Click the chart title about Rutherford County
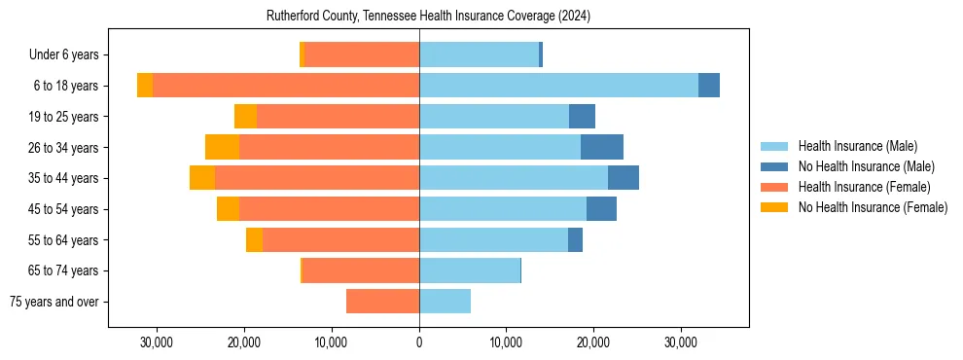[428, 17]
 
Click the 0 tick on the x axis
[419, 342]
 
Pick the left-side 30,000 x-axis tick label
[157, 342]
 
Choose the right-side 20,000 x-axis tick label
[593, 342]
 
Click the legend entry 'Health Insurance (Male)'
[857, 146]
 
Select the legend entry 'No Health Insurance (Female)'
[873, 207]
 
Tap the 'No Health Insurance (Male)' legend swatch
[774, 166]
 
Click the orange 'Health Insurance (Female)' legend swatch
[774, 187]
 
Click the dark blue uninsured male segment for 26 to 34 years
[602, 147]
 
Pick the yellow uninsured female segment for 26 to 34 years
[222, 147]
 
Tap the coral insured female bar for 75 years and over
[382, 302]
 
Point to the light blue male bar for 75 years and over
[445, 302]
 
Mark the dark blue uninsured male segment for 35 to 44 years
[624, 178]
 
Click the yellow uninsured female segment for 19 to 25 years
[245, 117]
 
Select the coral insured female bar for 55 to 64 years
[340, 239]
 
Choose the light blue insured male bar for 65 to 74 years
[470, 270]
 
